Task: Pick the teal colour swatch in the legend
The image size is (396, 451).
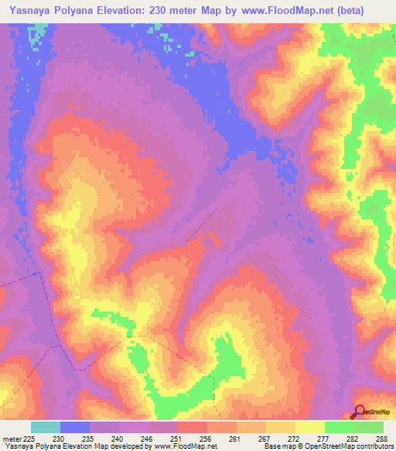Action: pos(46,427)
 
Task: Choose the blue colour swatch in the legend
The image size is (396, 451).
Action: pos(75,427)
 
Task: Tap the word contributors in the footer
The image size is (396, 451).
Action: pos(375,446)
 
